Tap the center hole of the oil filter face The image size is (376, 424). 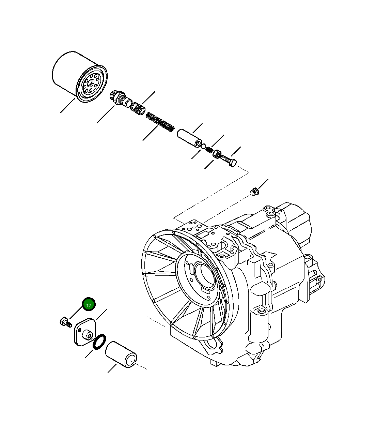click(x=90, y=82)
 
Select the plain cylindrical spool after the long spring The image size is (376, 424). click(x=189, y=138)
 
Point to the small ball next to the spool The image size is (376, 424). click(x=203, y=147)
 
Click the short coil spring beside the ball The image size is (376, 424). click(x=209, y=150)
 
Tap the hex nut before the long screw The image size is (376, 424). click(x=217, y=154)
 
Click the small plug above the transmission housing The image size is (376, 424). click(x=254, y=192)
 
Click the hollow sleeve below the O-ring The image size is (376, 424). click(x=122, y=355)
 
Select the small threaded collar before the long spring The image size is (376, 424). click(x=138, y=109)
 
